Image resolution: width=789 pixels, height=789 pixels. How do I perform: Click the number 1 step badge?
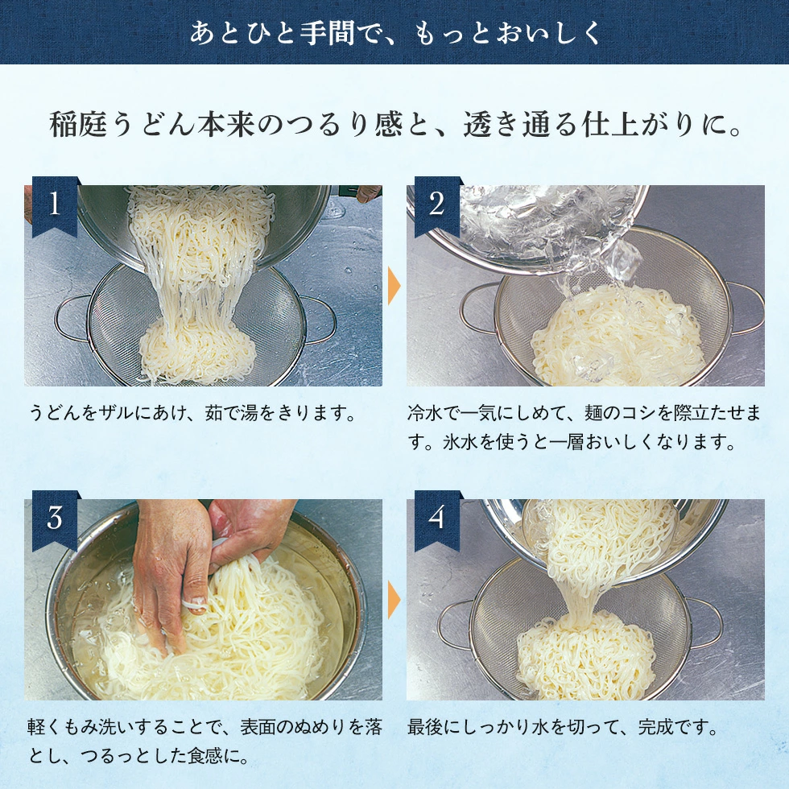(x=55, y=204)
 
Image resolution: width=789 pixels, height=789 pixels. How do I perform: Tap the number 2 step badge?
(x=436, y=204)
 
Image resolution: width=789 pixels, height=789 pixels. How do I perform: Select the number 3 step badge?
(x=55, y=518)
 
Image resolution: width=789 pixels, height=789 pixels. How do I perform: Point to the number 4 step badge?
(x=436, y=518)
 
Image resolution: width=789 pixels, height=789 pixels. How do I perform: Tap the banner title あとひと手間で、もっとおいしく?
(x=394, y=33)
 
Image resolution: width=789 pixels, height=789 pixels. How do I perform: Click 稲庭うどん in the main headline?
(x=117, y=126)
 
